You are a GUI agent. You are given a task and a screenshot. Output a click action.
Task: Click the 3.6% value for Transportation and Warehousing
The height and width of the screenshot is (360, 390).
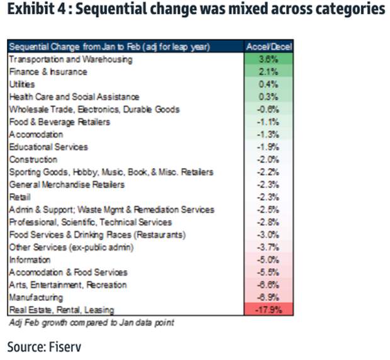269,59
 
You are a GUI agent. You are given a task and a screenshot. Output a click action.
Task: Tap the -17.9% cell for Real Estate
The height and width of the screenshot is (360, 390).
269,310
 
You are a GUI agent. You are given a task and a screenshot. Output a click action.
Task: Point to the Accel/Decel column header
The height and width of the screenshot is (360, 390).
269,47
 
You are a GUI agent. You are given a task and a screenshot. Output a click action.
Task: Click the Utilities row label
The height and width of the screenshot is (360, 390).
22,84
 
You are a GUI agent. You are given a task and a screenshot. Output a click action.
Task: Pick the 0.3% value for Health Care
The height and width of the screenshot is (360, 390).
269,97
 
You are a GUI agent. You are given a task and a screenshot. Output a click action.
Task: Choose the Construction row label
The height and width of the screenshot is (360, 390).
33,159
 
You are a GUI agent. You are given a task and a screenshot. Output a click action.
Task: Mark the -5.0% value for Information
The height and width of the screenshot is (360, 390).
269,259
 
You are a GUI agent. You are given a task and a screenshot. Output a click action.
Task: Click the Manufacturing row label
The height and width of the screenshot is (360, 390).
36,297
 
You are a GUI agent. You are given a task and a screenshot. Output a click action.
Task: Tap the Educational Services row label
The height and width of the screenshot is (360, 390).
48,147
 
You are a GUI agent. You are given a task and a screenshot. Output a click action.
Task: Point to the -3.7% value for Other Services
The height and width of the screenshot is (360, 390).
269,247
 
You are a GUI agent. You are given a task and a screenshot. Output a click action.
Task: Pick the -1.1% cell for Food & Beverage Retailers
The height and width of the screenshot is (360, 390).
269,121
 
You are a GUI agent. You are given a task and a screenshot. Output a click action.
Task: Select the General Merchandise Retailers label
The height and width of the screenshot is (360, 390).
66,184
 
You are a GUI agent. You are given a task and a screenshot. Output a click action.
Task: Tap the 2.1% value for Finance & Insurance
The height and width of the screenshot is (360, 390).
269,72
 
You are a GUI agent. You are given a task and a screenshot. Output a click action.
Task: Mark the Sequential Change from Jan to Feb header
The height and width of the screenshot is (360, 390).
109,47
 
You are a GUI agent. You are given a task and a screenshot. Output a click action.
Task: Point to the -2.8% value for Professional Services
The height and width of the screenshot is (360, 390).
269,222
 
